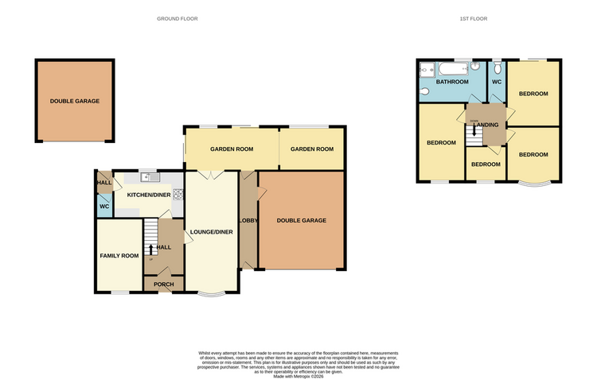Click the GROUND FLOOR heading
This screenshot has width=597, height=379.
(178, 18)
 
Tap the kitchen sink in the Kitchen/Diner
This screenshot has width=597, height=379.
(147, 176)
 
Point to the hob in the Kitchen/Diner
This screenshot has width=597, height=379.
(178, 193)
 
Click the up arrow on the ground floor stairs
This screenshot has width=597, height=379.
(151, 249)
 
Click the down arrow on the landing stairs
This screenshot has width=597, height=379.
(474, 133)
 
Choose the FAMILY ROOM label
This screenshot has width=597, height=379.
(119, 256)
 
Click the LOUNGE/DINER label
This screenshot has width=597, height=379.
(211, 232)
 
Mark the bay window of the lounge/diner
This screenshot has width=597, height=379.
(211, 295)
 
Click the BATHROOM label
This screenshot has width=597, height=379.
(451, 82)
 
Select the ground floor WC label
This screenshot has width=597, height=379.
(103, 207)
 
